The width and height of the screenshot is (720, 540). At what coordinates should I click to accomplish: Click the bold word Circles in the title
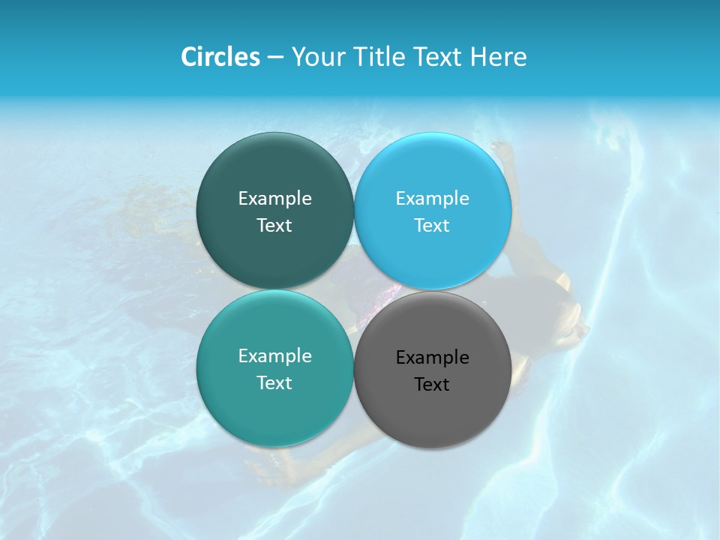[220, 57]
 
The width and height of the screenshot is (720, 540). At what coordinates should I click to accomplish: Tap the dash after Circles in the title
[275, 58]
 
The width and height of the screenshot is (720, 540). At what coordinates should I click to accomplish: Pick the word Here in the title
[499, 57]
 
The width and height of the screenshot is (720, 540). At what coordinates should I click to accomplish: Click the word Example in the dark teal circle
[274, 199]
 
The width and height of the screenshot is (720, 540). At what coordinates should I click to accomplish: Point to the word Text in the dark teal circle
[274, 226]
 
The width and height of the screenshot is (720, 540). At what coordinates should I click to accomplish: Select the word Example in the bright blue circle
[433, 199]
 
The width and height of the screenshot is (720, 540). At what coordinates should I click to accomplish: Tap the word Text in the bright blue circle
[433, 226]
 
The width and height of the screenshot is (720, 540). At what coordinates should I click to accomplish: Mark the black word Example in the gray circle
[433, 358]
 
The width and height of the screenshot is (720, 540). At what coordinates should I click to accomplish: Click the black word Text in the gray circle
[433, 385]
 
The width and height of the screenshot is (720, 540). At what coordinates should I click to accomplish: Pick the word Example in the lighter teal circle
[274, 356]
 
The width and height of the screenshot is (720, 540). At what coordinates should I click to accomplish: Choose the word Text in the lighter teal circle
[274, 383]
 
